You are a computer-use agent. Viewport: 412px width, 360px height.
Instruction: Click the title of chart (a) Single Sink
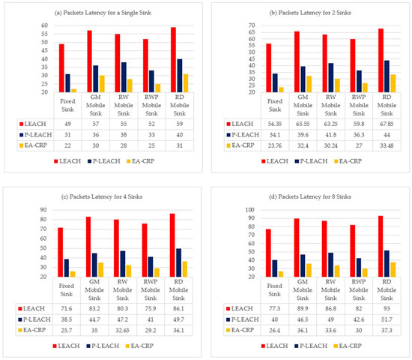106,15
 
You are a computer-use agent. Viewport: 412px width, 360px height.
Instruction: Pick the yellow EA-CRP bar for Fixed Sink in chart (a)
75,90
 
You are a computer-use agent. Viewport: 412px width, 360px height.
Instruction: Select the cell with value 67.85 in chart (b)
383,121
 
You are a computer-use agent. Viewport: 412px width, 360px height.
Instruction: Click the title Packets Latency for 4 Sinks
106,197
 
